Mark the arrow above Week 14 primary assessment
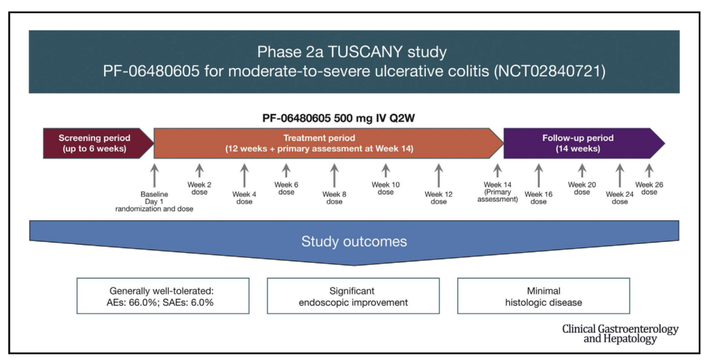coord(497,171)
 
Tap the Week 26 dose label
coord(649,188)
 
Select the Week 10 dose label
coord(386,188)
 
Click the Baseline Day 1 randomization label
coord(154,202)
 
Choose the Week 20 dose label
coord(581,188)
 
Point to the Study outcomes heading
coord(354,242)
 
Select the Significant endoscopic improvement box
coord(353,296)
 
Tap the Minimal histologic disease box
coord(543,296)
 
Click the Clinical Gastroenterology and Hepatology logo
coord(620,334)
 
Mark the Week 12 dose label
coord(438,198)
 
